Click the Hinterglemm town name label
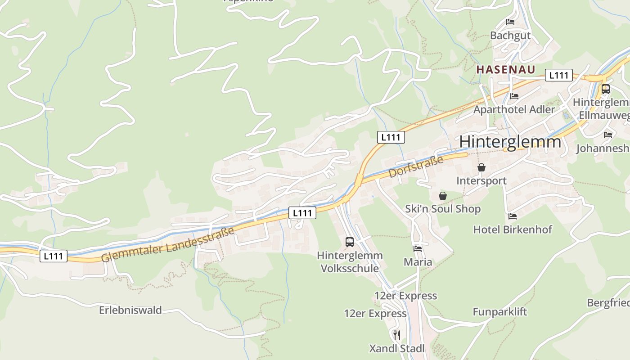[510, 142]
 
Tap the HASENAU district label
[506, 69]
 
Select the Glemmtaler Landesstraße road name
[167, 244]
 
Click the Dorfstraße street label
[416, 166]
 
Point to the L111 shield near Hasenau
[558, 75]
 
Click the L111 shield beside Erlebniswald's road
[54, 256]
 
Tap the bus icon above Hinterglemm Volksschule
[350, 242]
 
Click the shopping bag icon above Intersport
[481, 167]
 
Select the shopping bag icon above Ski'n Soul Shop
[443, 196]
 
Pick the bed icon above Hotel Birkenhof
[512, 216]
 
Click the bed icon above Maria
[418, 248]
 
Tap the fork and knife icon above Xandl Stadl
[396, 335]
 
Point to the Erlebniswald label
[130, 310]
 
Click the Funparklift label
[499, 312]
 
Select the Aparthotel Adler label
[514, 109]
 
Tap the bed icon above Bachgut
[510, 22]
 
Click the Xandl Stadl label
[396, 348]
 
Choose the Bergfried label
[607, 302]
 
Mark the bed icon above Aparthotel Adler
[514, 96]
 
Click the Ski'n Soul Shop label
[443, 209]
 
